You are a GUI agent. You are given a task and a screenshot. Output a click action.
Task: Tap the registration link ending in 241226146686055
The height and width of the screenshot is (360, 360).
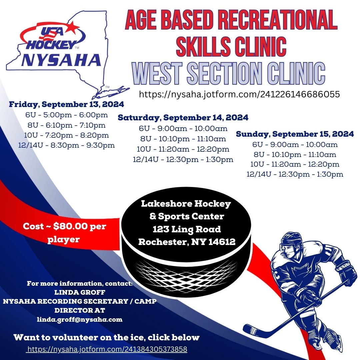pyautogui.click(x=239, y=94)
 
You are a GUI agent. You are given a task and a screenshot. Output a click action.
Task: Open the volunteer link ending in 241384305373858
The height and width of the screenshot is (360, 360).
pyautogui.click(x=107, y=349)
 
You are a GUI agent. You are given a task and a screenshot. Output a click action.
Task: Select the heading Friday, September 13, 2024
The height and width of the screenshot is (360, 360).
pyautogui.click(x=67, y=104)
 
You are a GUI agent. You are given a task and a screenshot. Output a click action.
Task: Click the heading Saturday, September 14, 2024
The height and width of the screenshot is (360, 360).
pyautogui.click(x=183, y=118)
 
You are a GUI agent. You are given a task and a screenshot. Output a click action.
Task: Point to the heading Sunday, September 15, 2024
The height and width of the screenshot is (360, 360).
pyautogui.click(x=295, y=134)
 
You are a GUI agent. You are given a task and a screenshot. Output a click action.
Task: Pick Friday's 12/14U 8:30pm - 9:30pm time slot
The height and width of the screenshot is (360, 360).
pyautogui.click(x=67, y=145)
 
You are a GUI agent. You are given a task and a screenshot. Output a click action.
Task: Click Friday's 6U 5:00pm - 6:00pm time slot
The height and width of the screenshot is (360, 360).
pyautogui.click(x=67, y=115)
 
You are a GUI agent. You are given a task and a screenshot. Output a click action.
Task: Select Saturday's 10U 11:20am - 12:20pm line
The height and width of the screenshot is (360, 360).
pyautogui.click(x=183, y=149)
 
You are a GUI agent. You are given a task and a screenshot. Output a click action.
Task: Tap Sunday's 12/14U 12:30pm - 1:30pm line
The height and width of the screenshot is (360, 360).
pyautogui.click(x=295, y=174)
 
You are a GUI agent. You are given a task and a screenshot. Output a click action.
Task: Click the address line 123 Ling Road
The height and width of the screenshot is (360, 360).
pyautogui.click(x=187, y=229)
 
